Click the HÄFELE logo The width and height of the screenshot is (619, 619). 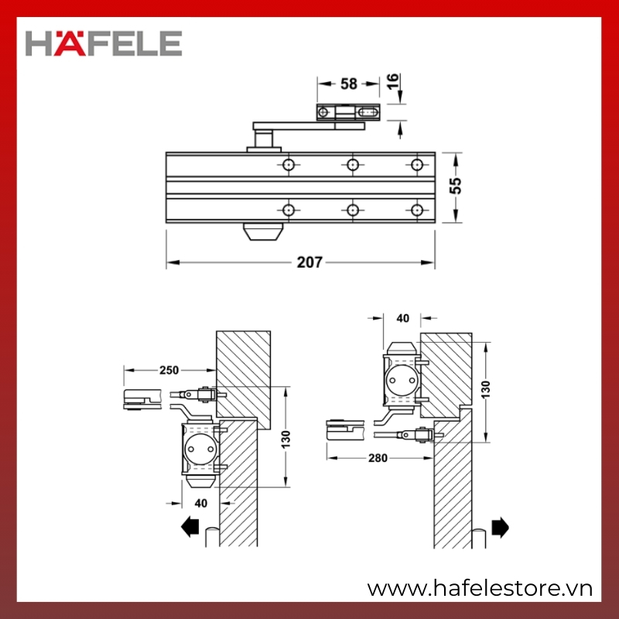click(x=104, y=43)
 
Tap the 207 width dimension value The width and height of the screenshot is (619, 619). click(x=309, y=262)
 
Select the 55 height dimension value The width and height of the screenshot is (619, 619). click(x=455, y=186)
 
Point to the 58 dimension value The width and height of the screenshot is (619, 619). click(x=349, y=84)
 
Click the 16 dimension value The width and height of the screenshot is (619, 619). click(x=393, y=82)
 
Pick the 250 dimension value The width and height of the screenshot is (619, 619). click(x=169, y=371)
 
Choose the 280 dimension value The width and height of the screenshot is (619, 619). click(x=378, y=458)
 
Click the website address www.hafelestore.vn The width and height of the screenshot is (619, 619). click(x=480, y=589)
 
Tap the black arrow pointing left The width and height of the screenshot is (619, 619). click(x=190, y=527)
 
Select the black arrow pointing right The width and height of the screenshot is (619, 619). click(x=500, y=528)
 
